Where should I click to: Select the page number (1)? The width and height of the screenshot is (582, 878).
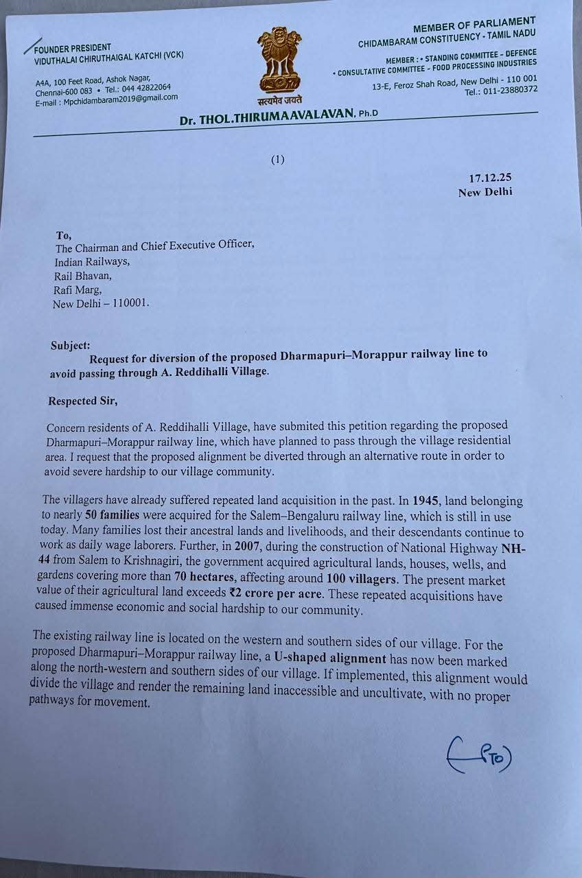[x=277, y=160]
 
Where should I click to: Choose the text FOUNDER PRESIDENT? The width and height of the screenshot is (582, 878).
[x=72, y=48]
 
